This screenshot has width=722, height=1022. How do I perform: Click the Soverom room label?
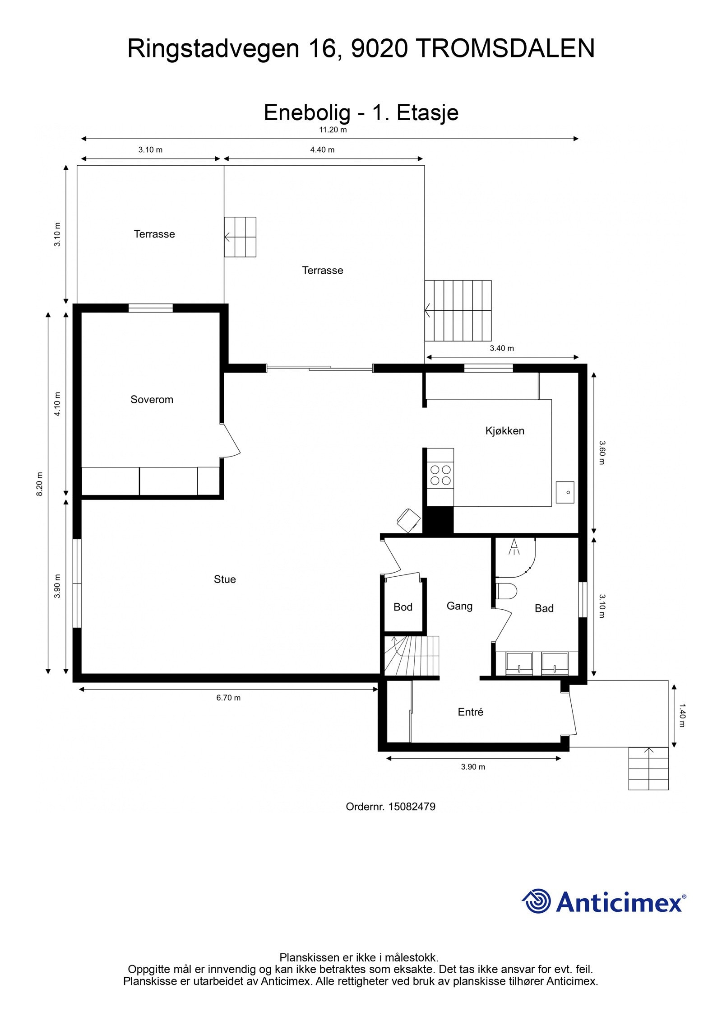pyautogui.click(x=152, y=399)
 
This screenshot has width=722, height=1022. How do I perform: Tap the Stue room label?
pyautogui.click(x=225, y=579)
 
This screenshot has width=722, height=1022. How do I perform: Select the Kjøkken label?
pyautogui.click(x=504, y=430)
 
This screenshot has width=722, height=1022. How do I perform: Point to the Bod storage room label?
pyautogui.click(x=403, y=607)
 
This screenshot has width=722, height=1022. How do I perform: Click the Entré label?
pyautogui.click(x=470, y=712)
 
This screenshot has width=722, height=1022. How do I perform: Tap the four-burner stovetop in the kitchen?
pyautogui.click(x=440, y=475)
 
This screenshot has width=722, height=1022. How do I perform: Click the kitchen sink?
pyautogui.click(x=565, y=492)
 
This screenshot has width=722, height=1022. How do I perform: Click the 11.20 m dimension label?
pyautogui.click(x=333, y=130)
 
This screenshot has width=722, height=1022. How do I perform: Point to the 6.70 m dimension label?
pyautogui.click(x=228, y=698)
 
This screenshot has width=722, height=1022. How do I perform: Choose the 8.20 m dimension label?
pyautogui.click(x=40, y=484)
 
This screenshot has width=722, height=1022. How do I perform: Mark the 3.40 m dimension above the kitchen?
pyautogui.click(x=502, y=348)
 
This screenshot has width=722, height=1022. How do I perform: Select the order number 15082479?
pyautogui.click(x=412, y=806)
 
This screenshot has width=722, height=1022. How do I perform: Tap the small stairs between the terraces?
pyautogui.click(x=240, y=237)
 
